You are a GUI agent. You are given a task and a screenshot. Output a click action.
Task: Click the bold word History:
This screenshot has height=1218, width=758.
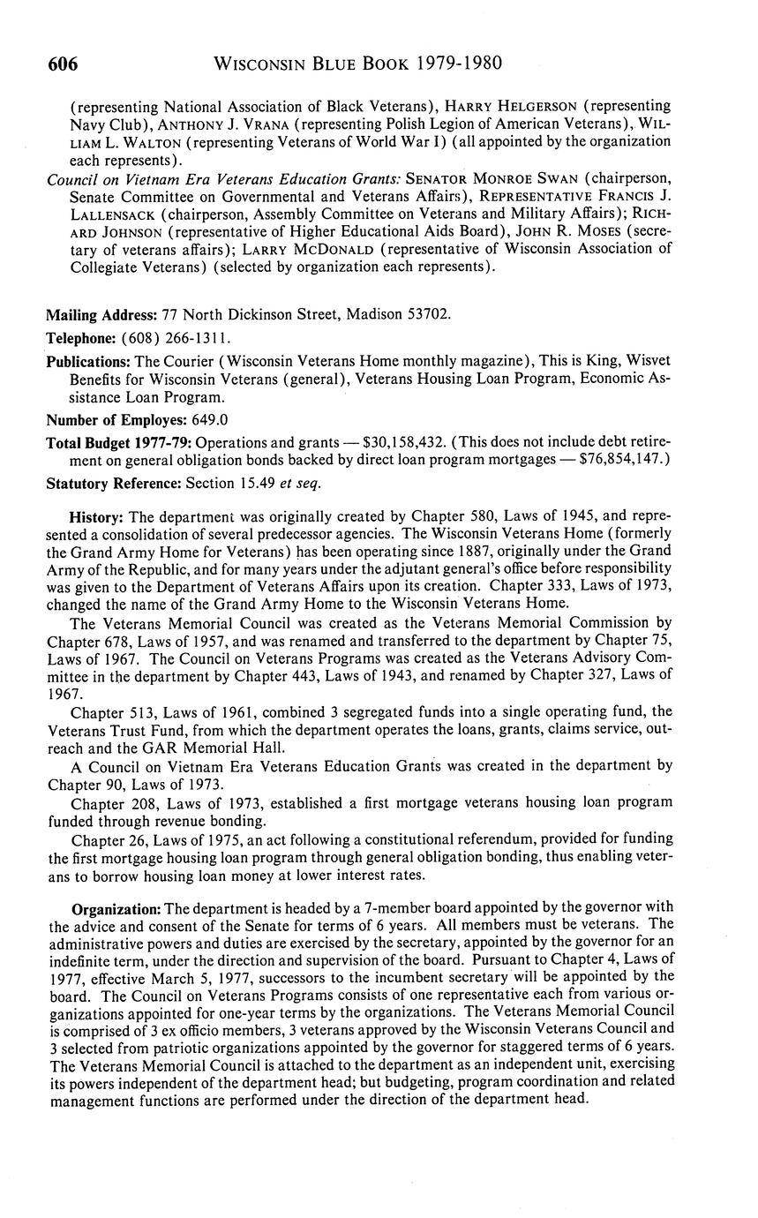[97, 516]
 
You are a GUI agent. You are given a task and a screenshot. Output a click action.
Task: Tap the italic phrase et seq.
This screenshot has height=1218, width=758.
[303, 483]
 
